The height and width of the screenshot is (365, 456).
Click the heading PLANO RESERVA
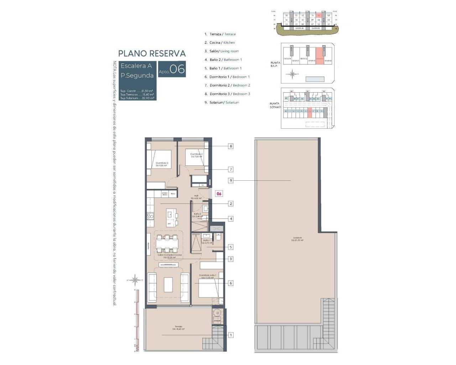(x=152, y=54)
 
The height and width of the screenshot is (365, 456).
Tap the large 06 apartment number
(x=177, y=69)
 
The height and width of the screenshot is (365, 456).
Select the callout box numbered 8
(x=231, y=146)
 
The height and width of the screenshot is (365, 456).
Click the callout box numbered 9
(x=231, y=181)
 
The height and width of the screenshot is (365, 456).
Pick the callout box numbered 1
(x=231, y=335)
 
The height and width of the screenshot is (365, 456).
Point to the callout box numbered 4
(x=231, y=219)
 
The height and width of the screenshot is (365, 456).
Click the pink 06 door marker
(x=219, y=194)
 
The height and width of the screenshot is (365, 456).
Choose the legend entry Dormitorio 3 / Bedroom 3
(x=227, y=94)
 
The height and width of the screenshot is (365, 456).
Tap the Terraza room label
(x=178, y=328)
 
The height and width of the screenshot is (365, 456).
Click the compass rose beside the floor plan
(x=135, y=280)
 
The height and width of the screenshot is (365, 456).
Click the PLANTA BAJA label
(x=275, y=64)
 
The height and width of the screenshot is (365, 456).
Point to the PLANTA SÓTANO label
(x=275, y=105)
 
